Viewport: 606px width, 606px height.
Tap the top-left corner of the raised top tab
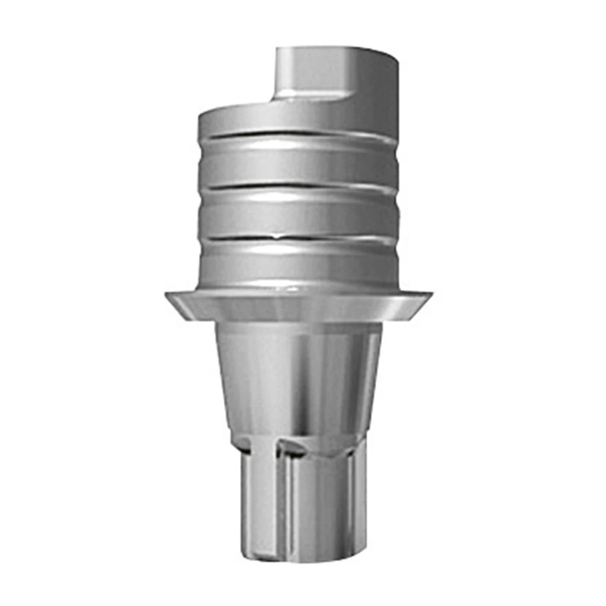[277, 48]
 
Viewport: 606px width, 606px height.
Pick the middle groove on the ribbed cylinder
[299, 185]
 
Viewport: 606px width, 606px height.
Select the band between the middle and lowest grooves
[299, 212]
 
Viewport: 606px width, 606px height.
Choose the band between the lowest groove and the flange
[299, 264]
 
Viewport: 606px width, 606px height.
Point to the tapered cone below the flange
[299, 372]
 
